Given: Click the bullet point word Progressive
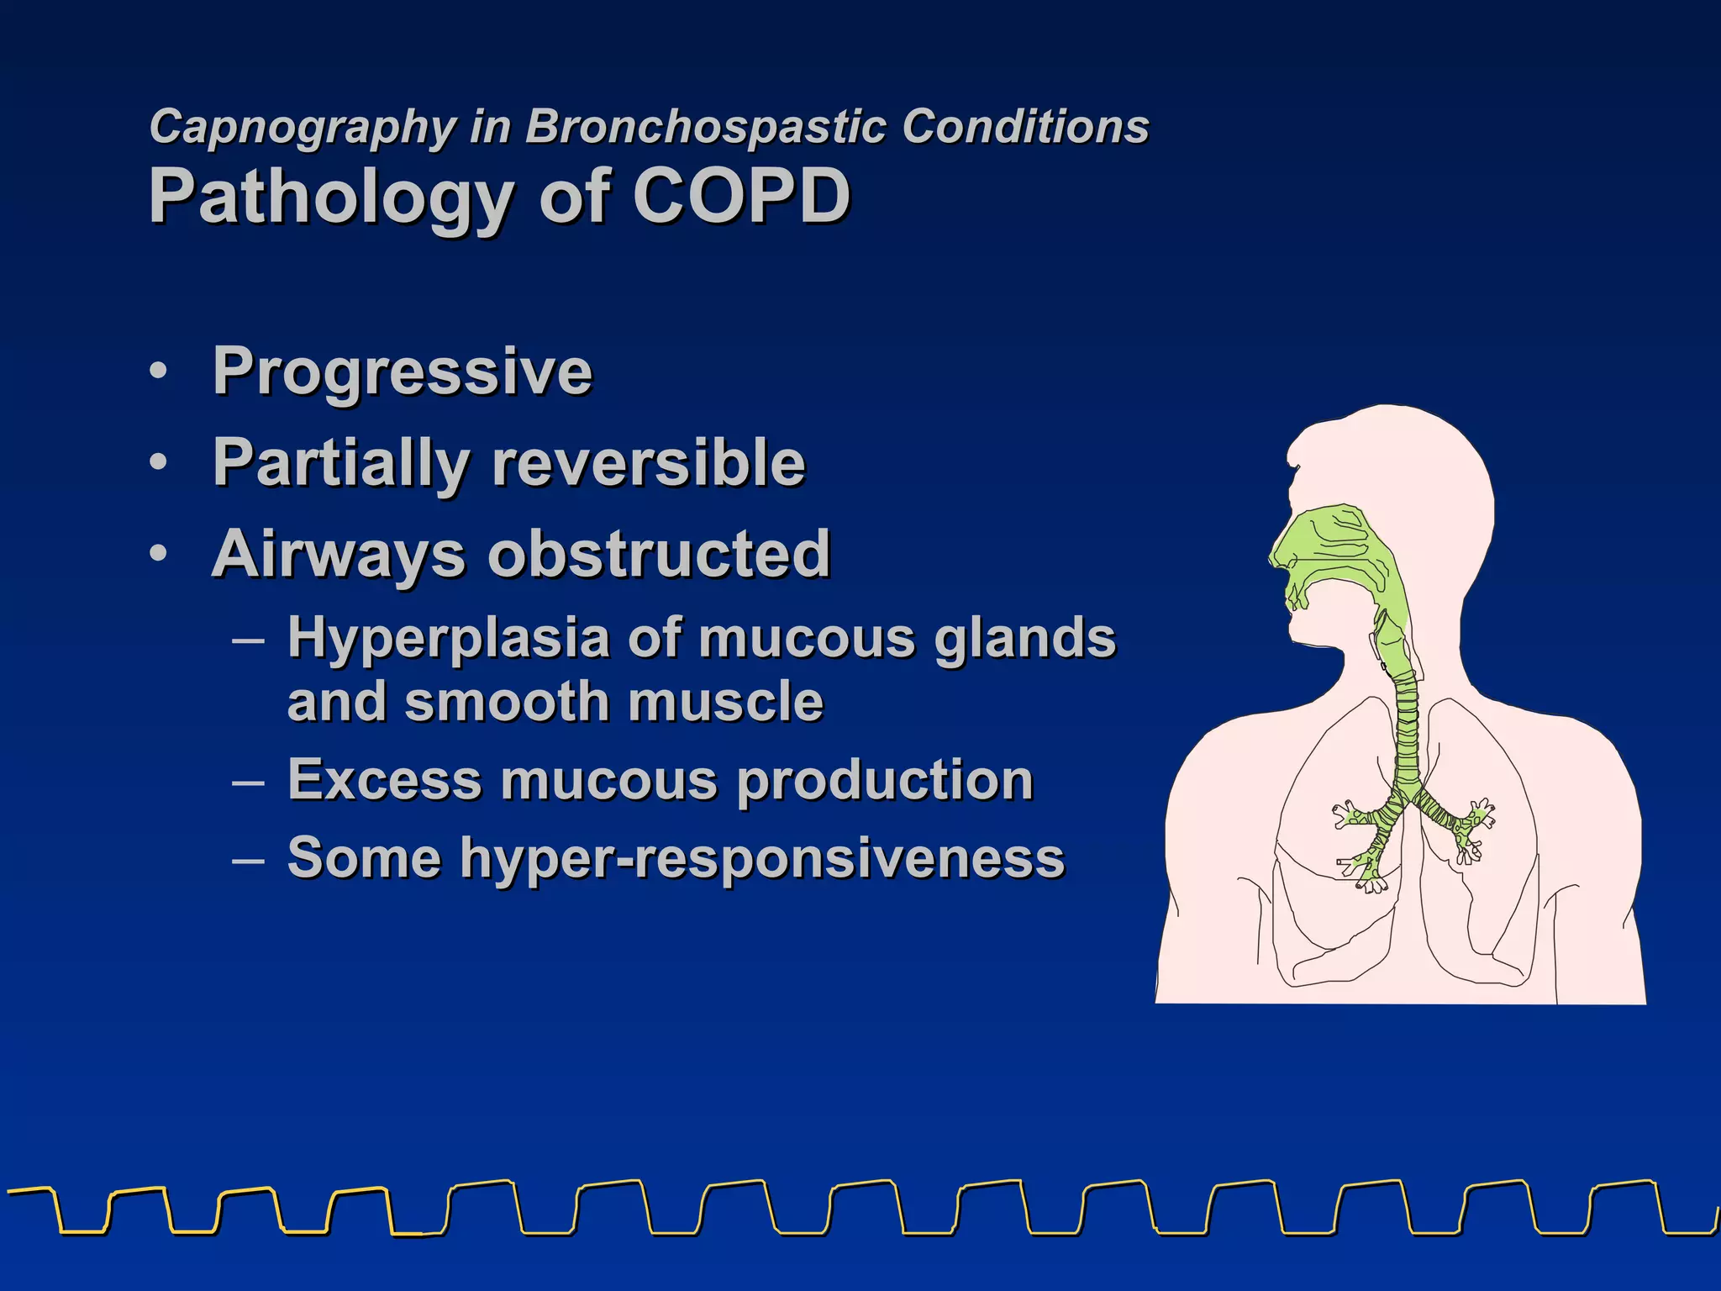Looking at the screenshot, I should [x=403, y=371].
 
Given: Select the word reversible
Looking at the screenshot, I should [x=648, y=463].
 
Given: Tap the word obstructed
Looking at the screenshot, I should [x=660, y=555].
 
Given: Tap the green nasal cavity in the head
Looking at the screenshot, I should [x=1336, y=546].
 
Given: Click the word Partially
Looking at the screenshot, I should [x=340, y=463].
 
